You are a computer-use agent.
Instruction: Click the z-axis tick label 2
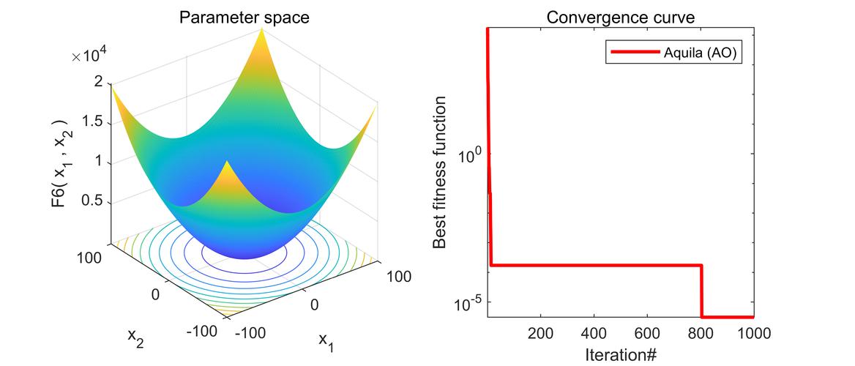click(97, 83)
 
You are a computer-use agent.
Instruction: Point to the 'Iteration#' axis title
click(621, 355)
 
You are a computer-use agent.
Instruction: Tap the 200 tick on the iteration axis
click(540, 333)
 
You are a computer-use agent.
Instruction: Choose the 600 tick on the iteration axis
click(647, 333)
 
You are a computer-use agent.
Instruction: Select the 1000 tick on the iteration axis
click(753, 333)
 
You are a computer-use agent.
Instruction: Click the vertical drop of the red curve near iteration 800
click(701, 291)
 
